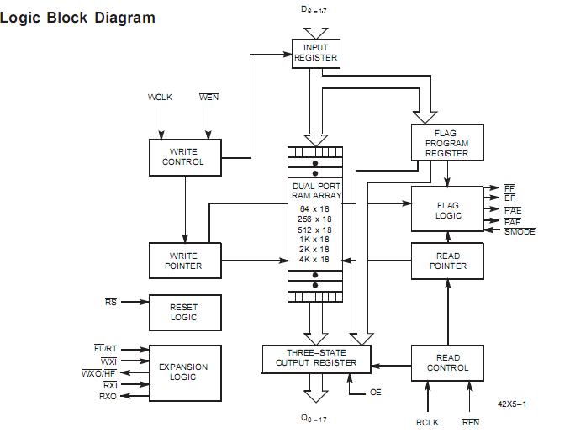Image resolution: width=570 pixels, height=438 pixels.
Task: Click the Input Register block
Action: tap(315, 53)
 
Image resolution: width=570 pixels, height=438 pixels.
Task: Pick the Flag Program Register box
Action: tap(446, 144)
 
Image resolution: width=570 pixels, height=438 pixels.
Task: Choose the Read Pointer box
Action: tap(447, 261)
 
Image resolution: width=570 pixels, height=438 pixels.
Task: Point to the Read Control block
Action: tap(447, 363)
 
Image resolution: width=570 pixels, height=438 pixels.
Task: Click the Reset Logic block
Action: tap(184, 312)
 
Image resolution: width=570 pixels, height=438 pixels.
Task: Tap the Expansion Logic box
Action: tap(184, 372)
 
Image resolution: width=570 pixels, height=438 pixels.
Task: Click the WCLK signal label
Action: tap(160, 98)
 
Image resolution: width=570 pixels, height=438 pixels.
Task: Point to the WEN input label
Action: tap(208, 98)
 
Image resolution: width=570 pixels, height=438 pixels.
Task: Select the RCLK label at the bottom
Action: tap(427, 423)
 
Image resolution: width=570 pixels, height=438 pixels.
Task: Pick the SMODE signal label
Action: tap(520, 232)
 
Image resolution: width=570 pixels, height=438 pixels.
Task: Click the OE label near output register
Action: tap(375, 393)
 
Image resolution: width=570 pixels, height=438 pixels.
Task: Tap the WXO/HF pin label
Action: tap(99, 372)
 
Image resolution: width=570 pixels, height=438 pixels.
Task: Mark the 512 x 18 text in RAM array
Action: tap(314, 230)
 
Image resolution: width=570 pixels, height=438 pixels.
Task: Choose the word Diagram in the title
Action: tap(119, 18)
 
